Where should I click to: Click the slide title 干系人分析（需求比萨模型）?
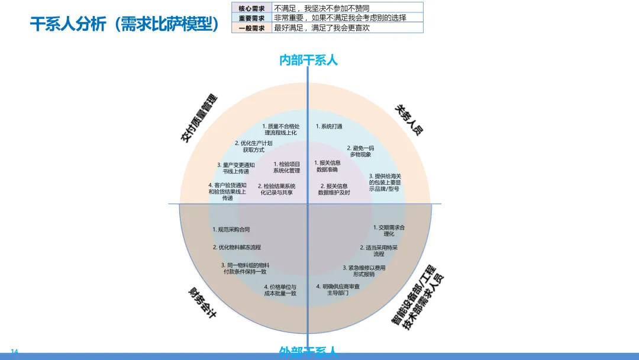point(124,24)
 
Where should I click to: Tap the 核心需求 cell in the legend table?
point(251,8)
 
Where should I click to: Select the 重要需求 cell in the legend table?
point(251,18)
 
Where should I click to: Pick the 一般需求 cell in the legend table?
point(251,28)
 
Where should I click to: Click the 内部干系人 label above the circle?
point(308,60)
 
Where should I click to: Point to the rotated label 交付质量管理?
point(199,118)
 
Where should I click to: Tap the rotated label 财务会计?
point(202,302)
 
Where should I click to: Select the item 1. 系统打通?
point(329,126)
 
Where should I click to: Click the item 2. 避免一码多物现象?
point(360,151)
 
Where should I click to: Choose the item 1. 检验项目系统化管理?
point(287,167)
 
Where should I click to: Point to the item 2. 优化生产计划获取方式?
point(253,146)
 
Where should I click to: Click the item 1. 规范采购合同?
point(231,229)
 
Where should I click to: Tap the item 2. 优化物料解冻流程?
point(237,247)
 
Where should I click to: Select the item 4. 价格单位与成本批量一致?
point(280,290)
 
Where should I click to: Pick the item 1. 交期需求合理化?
point(389,230)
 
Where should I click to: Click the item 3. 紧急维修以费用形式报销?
point(364,271)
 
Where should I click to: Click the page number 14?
point(15,352)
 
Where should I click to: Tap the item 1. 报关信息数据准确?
point(327,166)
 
